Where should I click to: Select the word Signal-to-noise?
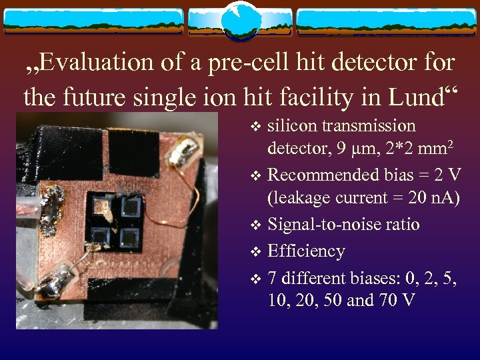tap(325, 225)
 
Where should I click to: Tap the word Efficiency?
tap(306, 251)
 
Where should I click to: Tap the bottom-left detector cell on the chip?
tap(102, 235)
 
